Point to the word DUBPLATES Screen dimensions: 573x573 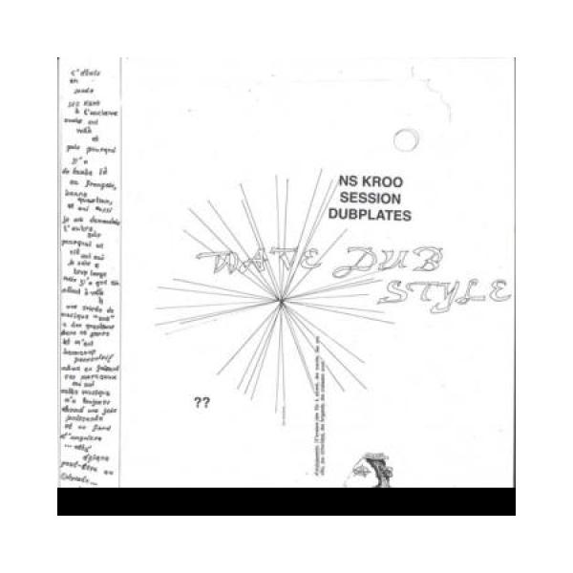tap(370, 216)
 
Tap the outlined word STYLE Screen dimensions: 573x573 tap(441, 289)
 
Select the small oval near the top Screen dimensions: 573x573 tap(406, 139)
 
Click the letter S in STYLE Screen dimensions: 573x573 tap(393, 290)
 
